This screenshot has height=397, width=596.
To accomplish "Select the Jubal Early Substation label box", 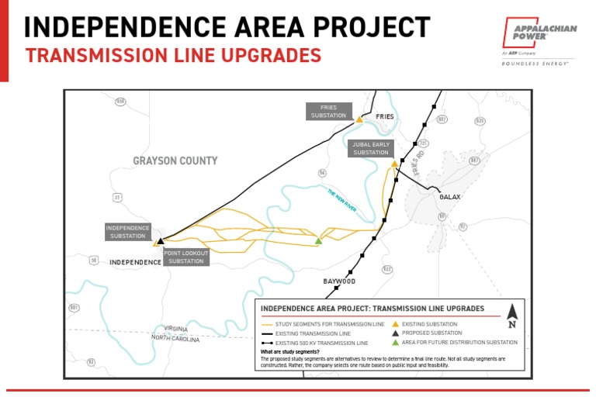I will [371, 149].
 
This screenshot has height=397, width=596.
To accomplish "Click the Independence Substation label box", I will [127, 232].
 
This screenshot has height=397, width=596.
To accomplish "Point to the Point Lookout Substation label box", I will [186, 257].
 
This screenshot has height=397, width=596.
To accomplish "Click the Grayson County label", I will [175, 161].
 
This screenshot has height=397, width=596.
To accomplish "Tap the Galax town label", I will [450, 197].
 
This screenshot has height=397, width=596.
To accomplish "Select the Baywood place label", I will [339, 281].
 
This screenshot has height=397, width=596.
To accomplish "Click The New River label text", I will [341, 199].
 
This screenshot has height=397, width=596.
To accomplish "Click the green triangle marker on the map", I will [318, 242].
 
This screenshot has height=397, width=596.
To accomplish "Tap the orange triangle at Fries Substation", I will [359, 121].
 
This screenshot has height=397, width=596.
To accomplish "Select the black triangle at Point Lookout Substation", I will [161, 242].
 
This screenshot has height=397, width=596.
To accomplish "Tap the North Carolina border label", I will [175, 339].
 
